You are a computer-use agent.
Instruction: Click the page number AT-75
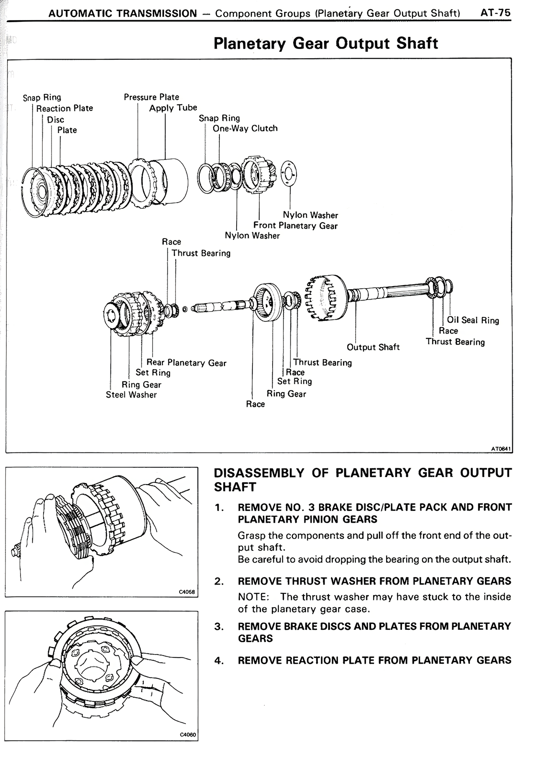pos(496,13)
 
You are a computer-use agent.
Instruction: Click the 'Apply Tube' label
pos(173,108)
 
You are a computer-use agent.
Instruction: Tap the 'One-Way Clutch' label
pos(245,128)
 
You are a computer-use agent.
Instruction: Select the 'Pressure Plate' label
pos(151,97)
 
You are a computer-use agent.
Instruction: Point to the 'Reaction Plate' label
pos(64,108)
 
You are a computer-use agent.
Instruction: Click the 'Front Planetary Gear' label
pos(295,226)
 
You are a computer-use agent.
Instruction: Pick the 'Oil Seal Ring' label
pos(473,321)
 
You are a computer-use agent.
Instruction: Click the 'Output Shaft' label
pos(373,347)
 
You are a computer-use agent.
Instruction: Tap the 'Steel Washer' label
pos(131,395)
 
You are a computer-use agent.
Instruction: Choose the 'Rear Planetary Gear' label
pos(186,363)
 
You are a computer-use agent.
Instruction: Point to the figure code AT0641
pos(501,449)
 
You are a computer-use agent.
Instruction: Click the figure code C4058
pos(187,592)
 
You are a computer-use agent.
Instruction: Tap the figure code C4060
pos(188,735)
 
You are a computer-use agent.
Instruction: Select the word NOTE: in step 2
pos(253,597)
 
